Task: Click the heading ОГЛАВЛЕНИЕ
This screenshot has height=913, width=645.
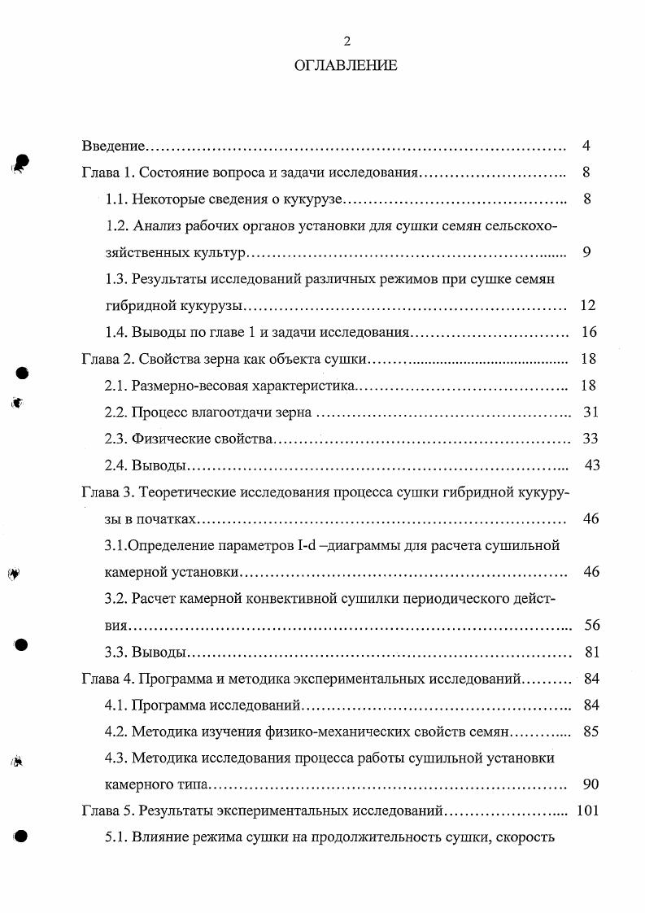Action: pos(346,66)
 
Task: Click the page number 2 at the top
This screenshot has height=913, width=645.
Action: pos(347,41)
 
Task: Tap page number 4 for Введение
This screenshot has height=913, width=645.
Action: pos(586,146)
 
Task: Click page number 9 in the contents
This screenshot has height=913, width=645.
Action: pos(586,252)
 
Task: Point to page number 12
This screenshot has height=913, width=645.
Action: pos(588,306)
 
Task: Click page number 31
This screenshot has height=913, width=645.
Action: pos(591,413)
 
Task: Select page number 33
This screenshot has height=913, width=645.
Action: pos(591,439)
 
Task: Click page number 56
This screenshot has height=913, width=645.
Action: pos(591,625)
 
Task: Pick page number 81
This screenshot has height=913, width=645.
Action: pos(592,652)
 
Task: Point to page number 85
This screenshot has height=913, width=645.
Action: pos(591,732)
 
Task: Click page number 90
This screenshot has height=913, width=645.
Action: pos(591,784)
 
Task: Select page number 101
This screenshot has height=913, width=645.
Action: pos(586,811)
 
